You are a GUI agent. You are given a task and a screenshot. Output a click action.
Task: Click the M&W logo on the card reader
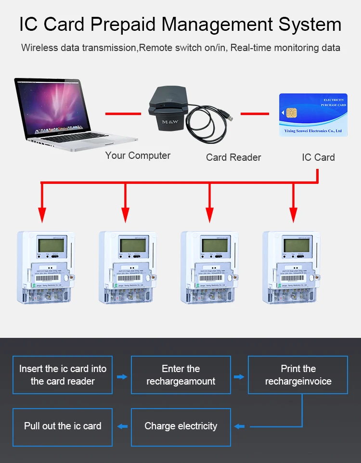click(170, 122)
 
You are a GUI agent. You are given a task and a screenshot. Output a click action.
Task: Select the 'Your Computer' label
click(138, 155)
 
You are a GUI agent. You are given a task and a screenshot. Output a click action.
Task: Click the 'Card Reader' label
click(233, 157)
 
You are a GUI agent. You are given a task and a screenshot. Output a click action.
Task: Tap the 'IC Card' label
click(318, 157)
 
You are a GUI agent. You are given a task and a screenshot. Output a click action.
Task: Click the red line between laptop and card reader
click(127, 114)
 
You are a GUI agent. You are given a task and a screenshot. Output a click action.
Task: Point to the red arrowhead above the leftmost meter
click(42, 214)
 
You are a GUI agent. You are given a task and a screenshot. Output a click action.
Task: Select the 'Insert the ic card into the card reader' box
click(63, 375)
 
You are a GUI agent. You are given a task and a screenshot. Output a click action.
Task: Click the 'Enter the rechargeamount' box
click(181, 375)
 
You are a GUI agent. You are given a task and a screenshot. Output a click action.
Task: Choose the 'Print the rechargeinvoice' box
click(298, 375)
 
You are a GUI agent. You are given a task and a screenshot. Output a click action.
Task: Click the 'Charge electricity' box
click(181, 426)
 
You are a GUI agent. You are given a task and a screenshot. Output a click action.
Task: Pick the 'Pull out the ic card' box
click(63, 426)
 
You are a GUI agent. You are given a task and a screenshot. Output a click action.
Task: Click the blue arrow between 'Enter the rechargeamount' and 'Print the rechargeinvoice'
click(239, 376)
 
